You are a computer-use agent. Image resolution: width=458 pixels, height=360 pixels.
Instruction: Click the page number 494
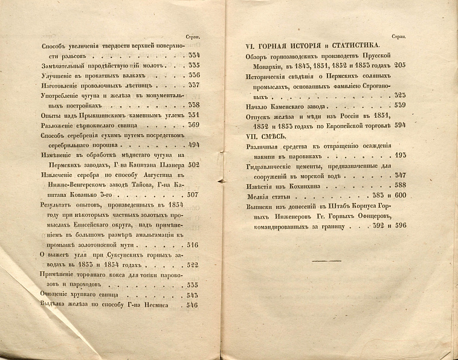(194, 146)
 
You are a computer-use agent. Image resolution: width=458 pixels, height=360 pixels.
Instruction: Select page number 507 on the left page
(194, 195)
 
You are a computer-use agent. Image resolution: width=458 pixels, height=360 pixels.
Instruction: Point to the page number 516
(194, 245)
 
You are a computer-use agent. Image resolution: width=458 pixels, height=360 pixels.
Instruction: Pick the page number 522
(194, 265)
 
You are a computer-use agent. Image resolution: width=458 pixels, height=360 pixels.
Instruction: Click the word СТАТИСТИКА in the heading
(347, 45)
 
